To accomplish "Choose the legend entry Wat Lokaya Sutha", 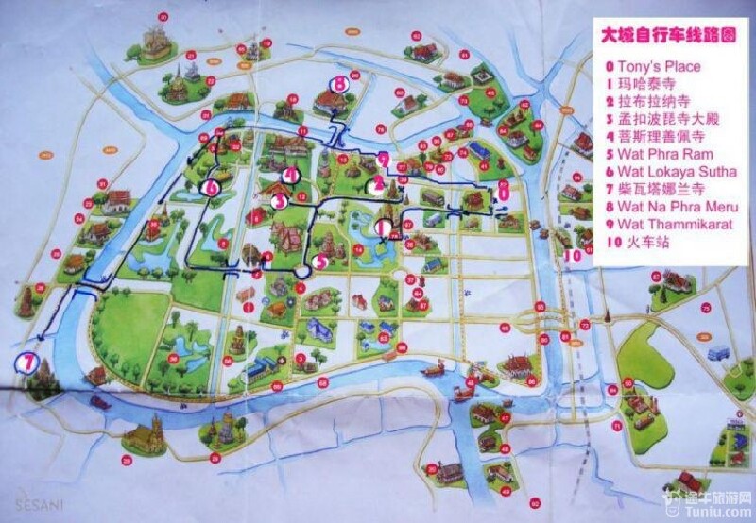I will click(672, 172).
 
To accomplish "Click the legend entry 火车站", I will click(643, 243).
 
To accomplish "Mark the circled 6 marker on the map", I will click(210, 188).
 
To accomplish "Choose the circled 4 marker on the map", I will click(289, 174).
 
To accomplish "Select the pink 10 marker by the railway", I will click(573, 254).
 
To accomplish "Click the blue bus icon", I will click(719, 355).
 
